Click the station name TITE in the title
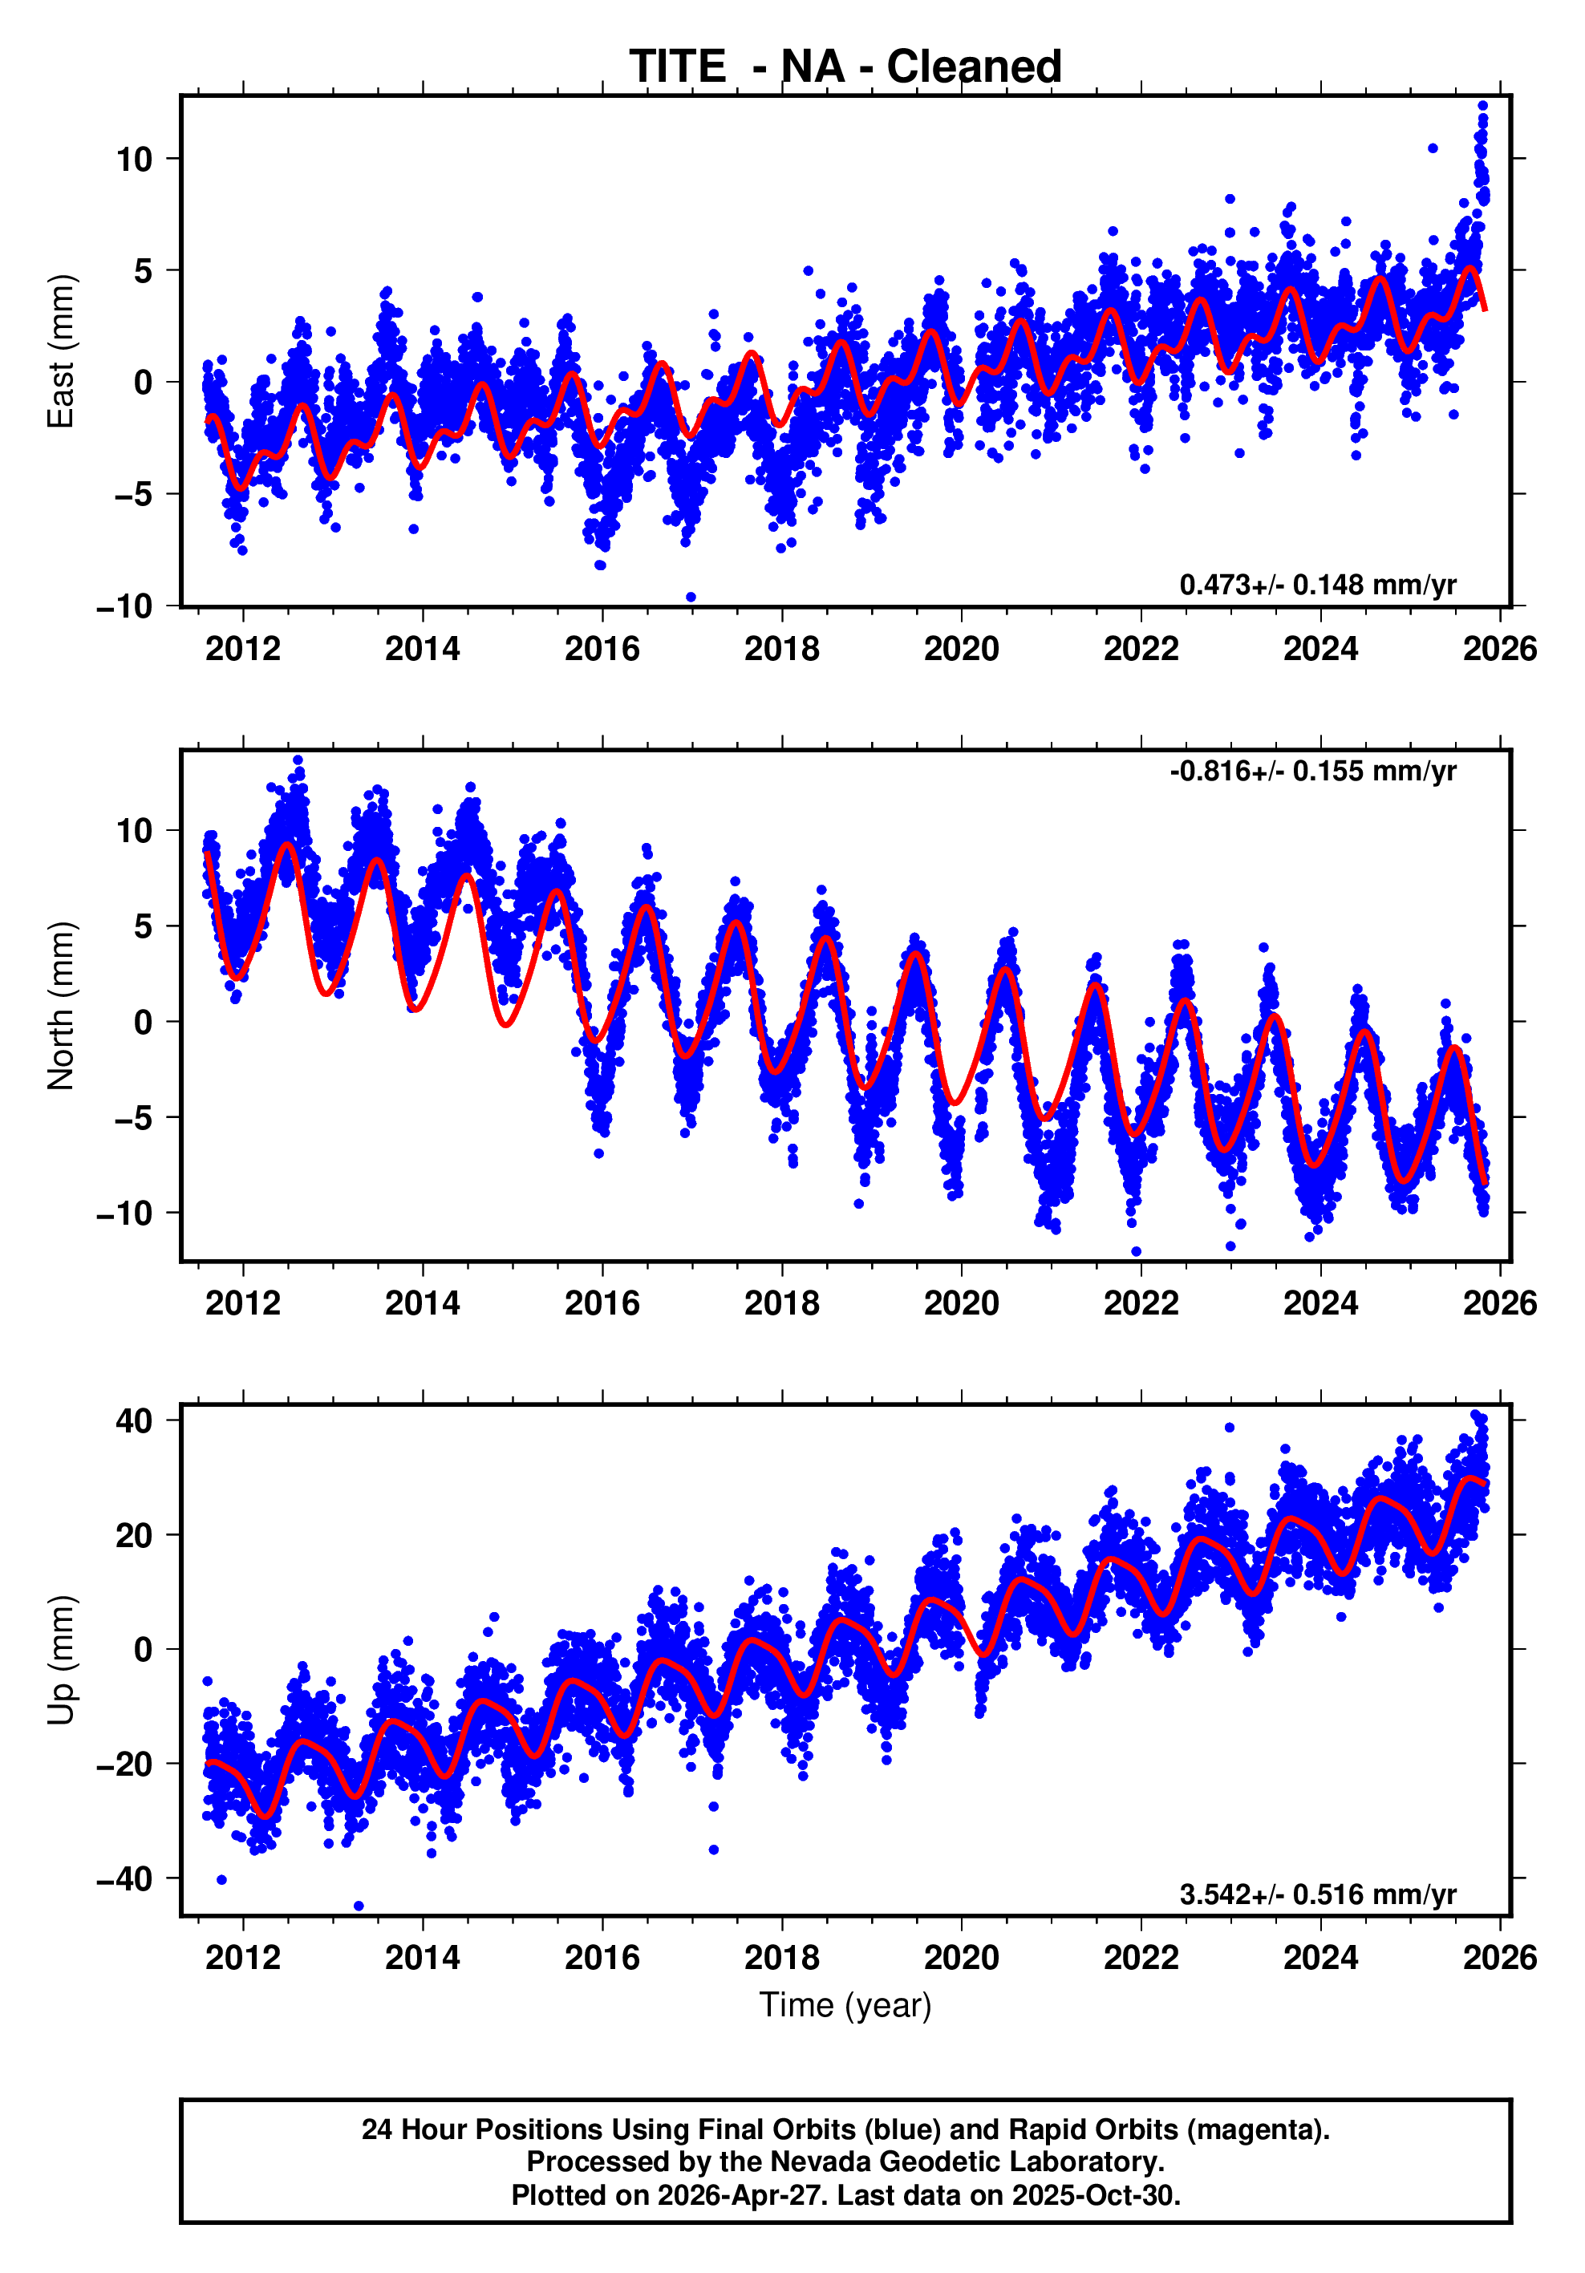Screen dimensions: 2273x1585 tap(677, 67)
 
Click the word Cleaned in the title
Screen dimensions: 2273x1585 tap(973, 67)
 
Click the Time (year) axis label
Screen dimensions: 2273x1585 tap(845, 2004)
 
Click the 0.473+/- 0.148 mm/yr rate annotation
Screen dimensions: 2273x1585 tap(1317, 585)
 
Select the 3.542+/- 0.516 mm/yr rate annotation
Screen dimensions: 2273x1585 tap(1317, 1894)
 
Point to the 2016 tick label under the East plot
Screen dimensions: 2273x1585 tap(602, 650)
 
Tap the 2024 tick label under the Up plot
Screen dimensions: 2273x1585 tap(1320, 1958)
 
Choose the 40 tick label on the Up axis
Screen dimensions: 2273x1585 tap(134, 1421)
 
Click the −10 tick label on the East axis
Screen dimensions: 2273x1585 tap(125, 606)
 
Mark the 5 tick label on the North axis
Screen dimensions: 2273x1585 tap(143, 926)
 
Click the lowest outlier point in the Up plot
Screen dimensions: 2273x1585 tap(359, 1906)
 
